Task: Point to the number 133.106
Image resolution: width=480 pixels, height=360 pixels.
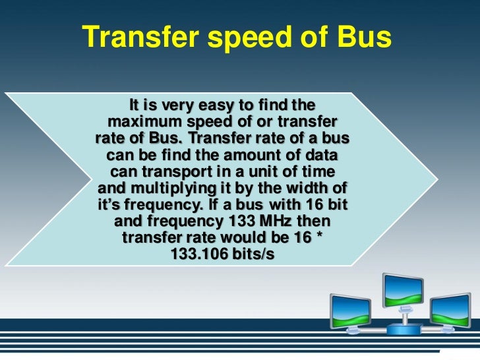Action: point(199,255)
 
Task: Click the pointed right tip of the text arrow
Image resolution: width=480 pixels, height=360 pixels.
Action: point(436,178)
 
